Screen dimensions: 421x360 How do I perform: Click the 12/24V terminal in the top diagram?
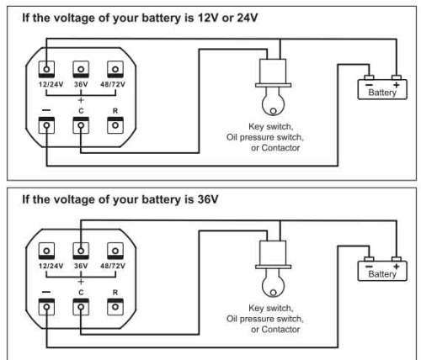46,69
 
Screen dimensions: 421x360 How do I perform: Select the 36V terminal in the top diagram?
81,69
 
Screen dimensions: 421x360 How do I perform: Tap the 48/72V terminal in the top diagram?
115,69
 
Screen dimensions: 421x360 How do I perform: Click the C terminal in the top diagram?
81,125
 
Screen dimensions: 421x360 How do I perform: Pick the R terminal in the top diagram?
115,125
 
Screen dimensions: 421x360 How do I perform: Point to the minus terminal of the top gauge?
46,125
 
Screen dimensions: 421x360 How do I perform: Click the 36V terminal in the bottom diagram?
81,251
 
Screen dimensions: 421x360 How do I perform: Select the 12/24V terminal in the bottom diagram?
46,251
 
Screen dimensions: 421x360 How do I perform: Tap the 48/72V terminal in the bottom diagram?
115,251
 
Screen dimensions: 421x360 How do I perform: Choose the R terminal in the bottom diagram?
115,307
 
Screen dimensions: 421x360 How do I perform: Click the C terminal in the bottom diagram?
81,307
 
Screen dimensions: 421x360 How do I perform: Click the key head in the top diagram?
273,102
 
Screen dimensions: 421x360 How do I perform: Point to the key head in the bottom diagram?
273,283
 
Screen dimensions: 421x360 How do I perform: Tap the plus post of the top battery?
397,77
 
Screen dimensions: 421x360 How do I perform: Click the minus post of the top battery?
369,77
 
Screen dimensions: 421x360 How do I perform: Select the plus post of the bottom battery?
397,259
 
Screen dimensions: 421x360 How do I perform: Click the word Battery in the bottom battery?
382,274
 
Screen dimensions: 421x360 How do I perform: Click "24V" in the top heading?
248,18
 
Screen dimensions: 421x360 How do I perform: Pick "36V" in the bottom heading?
208,199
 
